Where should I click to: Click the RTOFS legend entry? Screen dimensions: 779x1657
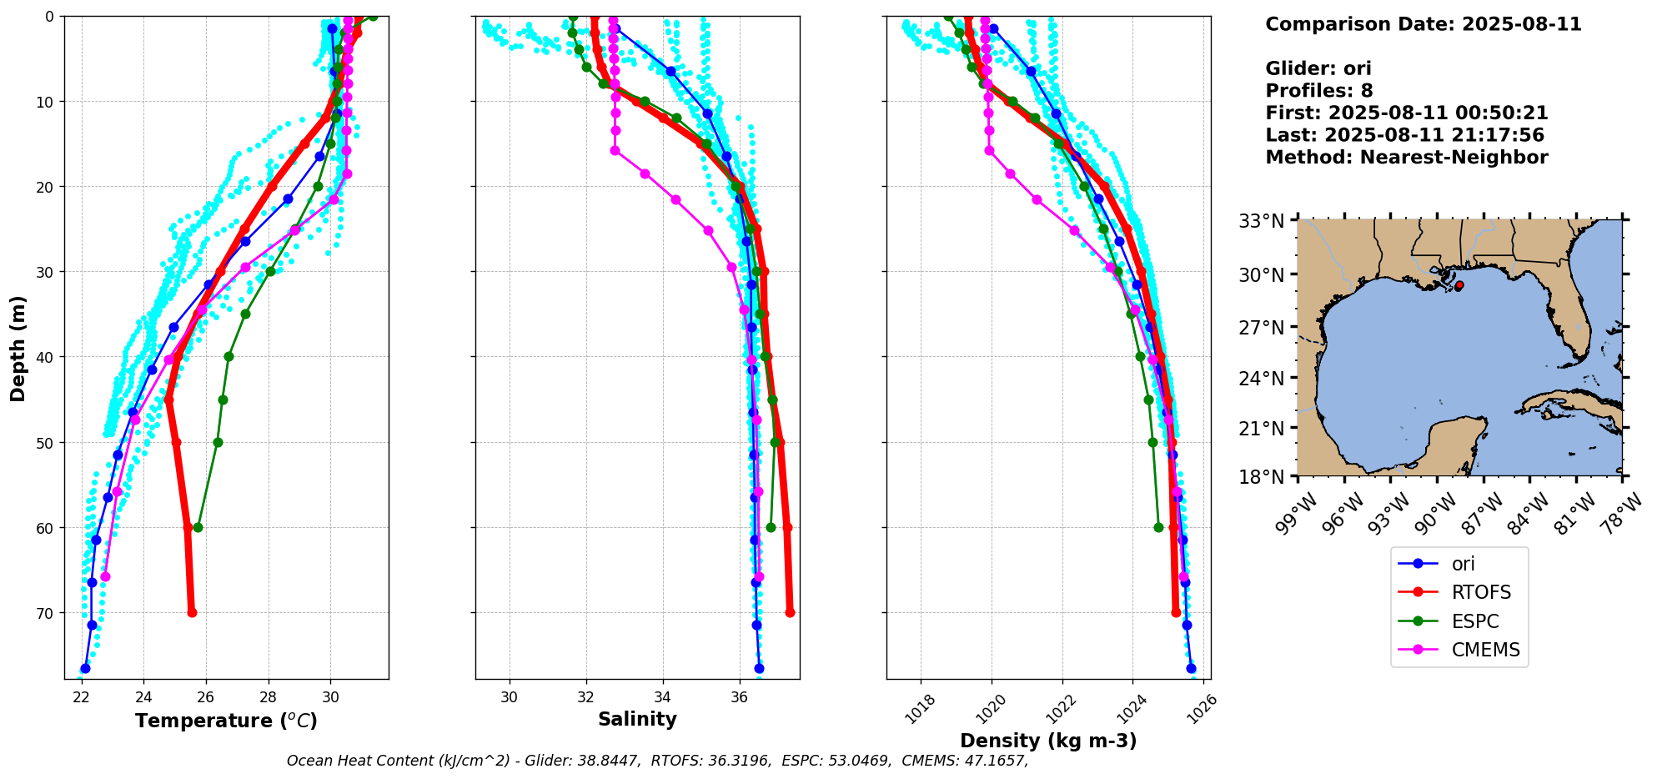(x=1480, y=592)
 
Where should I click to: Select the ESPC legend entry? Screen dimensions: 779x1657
(x=1474, y=621)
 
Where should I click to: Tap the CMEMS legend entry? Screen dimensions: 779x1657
(x=1484, y=650)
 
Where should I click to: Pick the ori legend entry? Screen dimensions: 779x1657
(x=1463, y=564)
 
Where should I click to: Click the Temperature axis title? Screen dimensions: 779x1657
(x=226, y=721)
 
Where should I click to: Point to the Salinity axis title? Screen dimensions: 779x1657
(x=637, y=719)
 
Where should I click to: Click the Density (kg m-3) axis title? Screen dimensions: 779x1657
(x=1048, y=741)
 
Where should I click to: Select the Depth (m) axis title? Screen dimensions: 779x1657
(x=18, y=348)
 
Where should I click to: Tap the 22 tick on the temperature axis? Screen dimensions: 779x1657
(x=82, y=697)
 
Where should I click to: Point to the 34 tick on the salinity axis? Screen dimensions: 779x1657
(x=663, y=697)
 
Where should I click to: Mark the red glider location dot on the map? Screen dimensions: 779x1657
(x=1459, y=285)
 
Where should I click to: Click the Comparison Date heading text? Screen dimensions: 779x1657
(x=1423, y=24)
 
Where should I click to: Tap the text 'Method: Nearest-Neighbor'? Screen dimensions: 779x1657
(x=1406, y=158)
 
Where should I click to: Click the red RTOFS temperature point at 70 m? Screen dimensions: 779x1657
(x=192, y=612)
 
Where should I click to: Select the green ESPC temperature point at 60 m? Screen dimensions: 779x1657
(x=198, y=527)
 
